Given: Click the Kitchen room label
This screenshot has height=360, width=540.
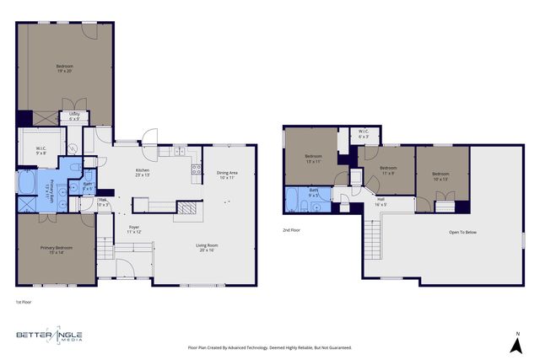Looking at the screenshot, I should pyautogui.click(x=143, y=172).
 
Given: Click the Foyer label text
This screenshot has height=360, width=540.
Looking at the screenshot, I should pyautogui.click(x=133, y=228).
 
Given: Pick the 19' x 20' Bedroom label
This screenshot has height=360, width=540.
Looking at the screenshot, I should pyautogui.click(x=65, y=69).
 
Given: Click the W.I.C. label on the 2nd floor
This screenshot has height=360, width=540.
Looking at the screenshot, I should pyautogui.click(x=363, y=133).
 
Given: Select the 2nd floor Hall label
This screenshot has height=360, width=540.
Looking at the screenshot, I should pyautogui.click(x=381, y=201).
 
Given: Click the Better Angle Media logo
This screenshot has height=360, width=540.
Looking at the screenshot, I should pyautogui.click(x=50, y=336).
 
